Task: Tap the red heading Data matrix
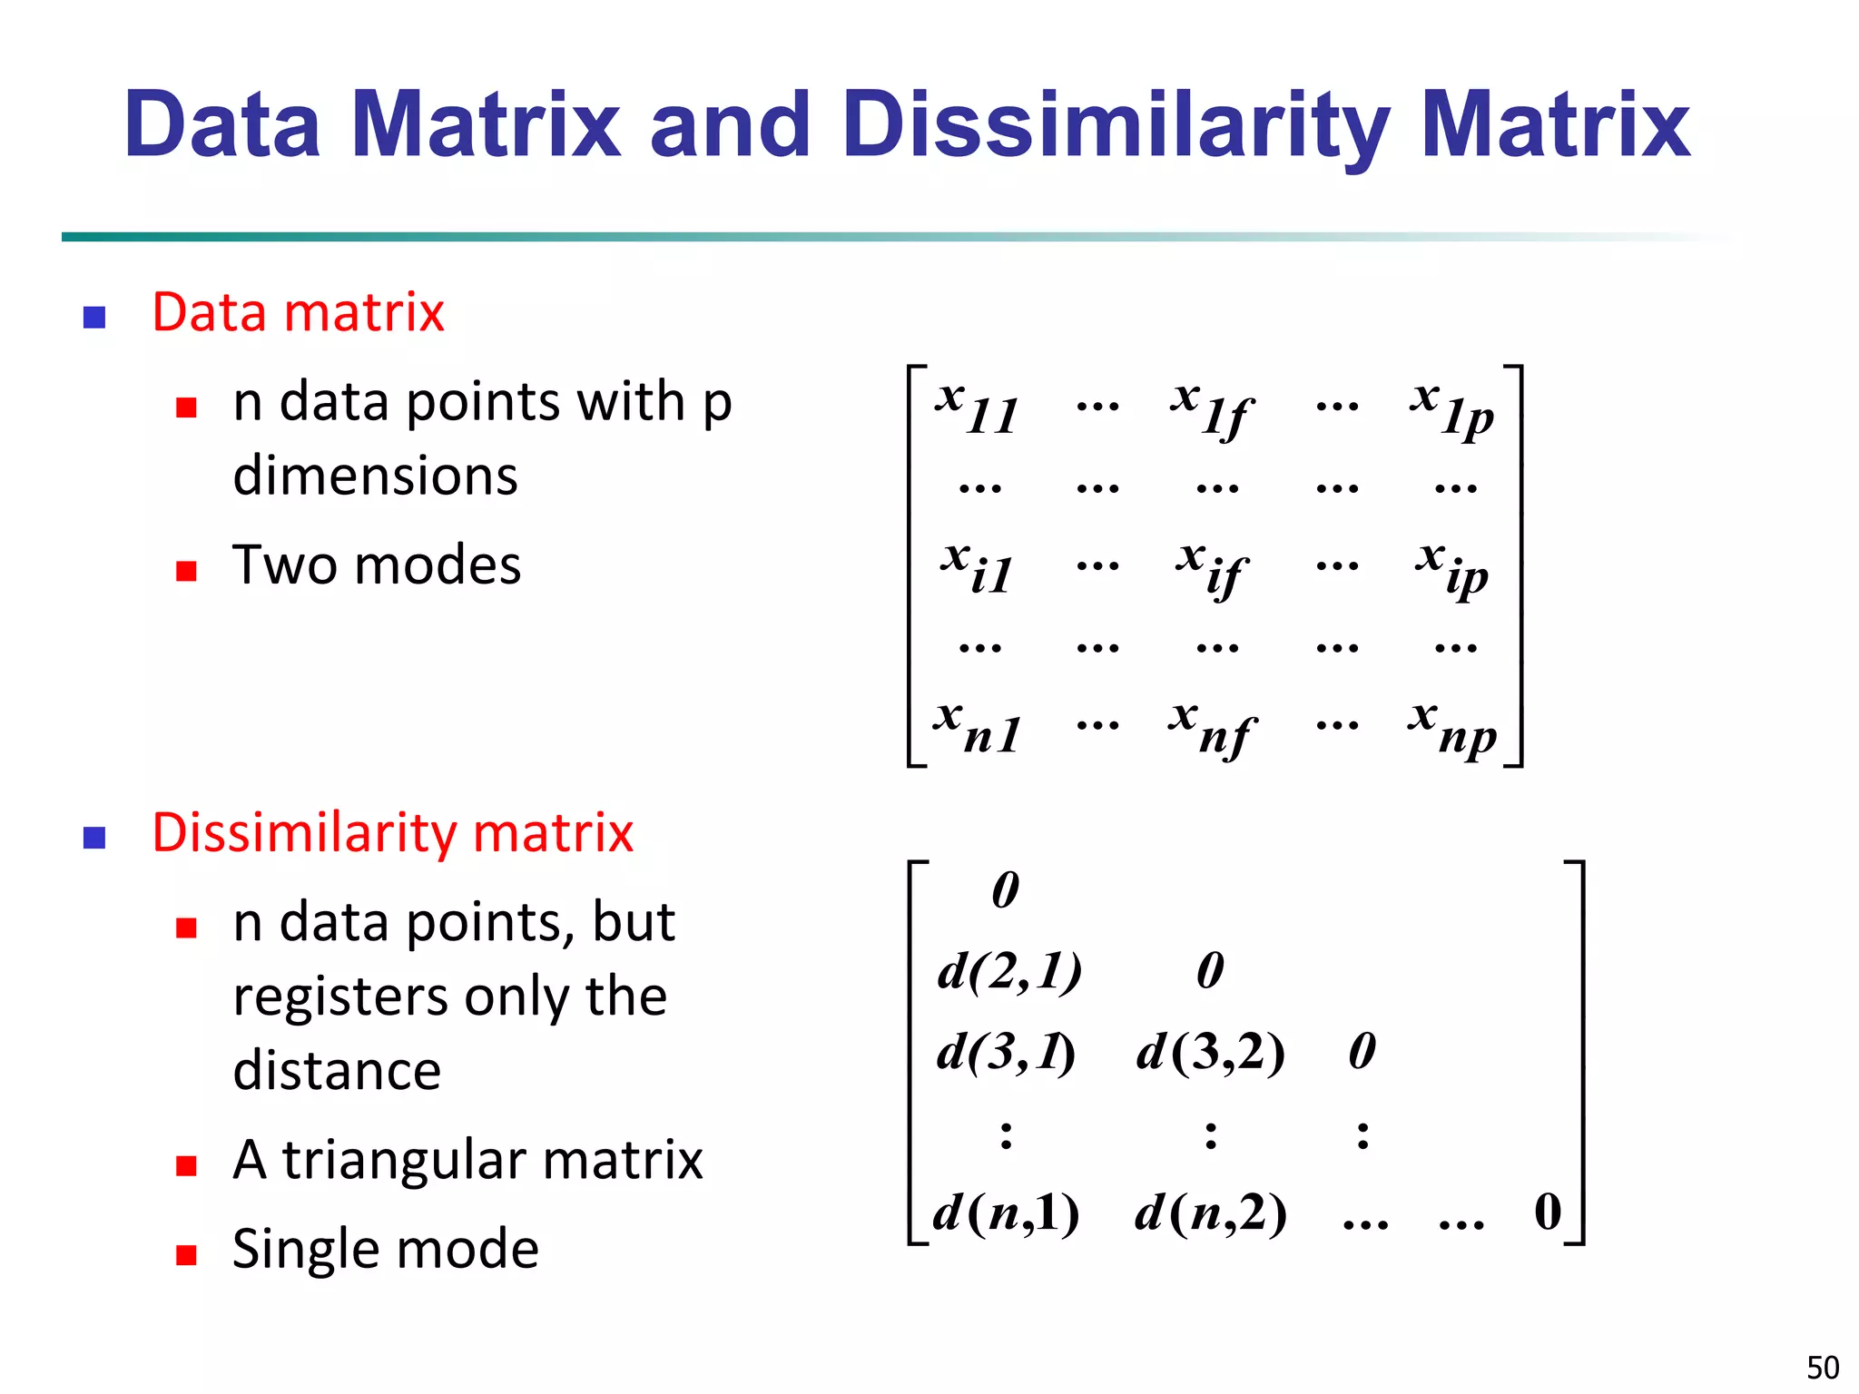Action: point(298,313)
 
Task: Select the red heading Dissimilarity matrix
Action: point(392,833)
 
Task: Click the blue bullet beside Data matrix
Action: point(94,317)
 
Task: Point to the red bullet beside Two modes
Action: point(186,570)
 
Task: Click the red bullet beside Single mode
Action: point(186,1254)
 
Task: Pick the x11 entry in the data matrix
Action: point(977,408)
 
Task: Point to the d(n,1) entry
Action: point(1006,1212)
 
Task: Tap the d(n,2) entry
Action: point(1210,1212)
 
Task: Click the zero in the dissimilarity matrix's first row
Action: point(1006,889)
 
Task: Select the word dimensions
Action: point(375,476)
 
